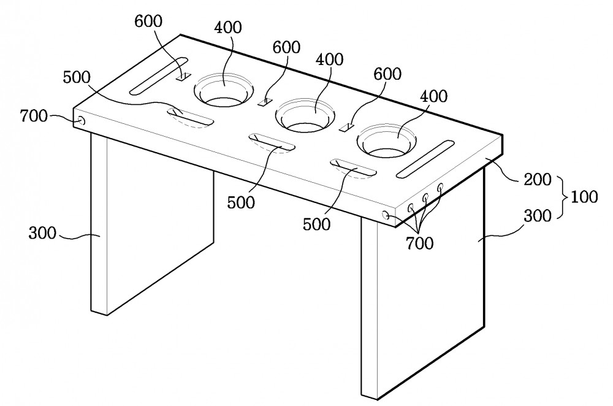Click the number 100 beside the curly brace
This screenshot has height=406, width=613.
[x=584, y=197]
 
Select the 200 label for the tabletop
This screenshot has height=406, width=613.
[x=537, y=180]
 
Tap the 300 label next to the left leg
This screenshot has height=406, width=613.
[x=42, y=233]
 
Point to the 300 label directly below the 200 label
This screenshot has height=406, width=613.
[x=538, y=215]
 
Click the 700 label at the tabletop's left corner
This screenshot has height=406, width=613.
[x=34, y=116]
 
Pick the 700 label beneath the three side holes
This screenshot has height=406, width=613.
[x=419, y=243]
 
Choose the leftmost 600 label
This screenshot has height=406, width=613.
[x=148, y=21]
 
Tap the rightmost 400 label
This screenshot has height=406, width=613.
[x=433, y=96]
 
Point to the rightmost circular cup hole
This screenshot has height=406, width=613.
[x=386, y=141]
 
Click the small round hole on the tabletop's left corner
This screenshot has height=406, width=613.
[x=82, y=121]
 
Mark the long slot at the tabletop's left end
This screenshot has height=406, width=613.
[x=159, y=76]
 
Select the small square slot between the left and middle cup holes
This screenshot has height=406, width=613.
[x=265, y=102]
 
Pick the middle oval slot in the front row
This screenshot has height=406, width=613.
[x=272, y=143]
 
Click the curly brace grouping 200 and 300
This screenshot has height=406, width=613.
[x=563, y=197]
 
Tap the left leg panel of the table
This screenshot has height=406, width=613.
[x=151, y=223]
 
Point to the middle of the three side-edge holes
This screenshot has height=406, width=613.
[x=425, y=197]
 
